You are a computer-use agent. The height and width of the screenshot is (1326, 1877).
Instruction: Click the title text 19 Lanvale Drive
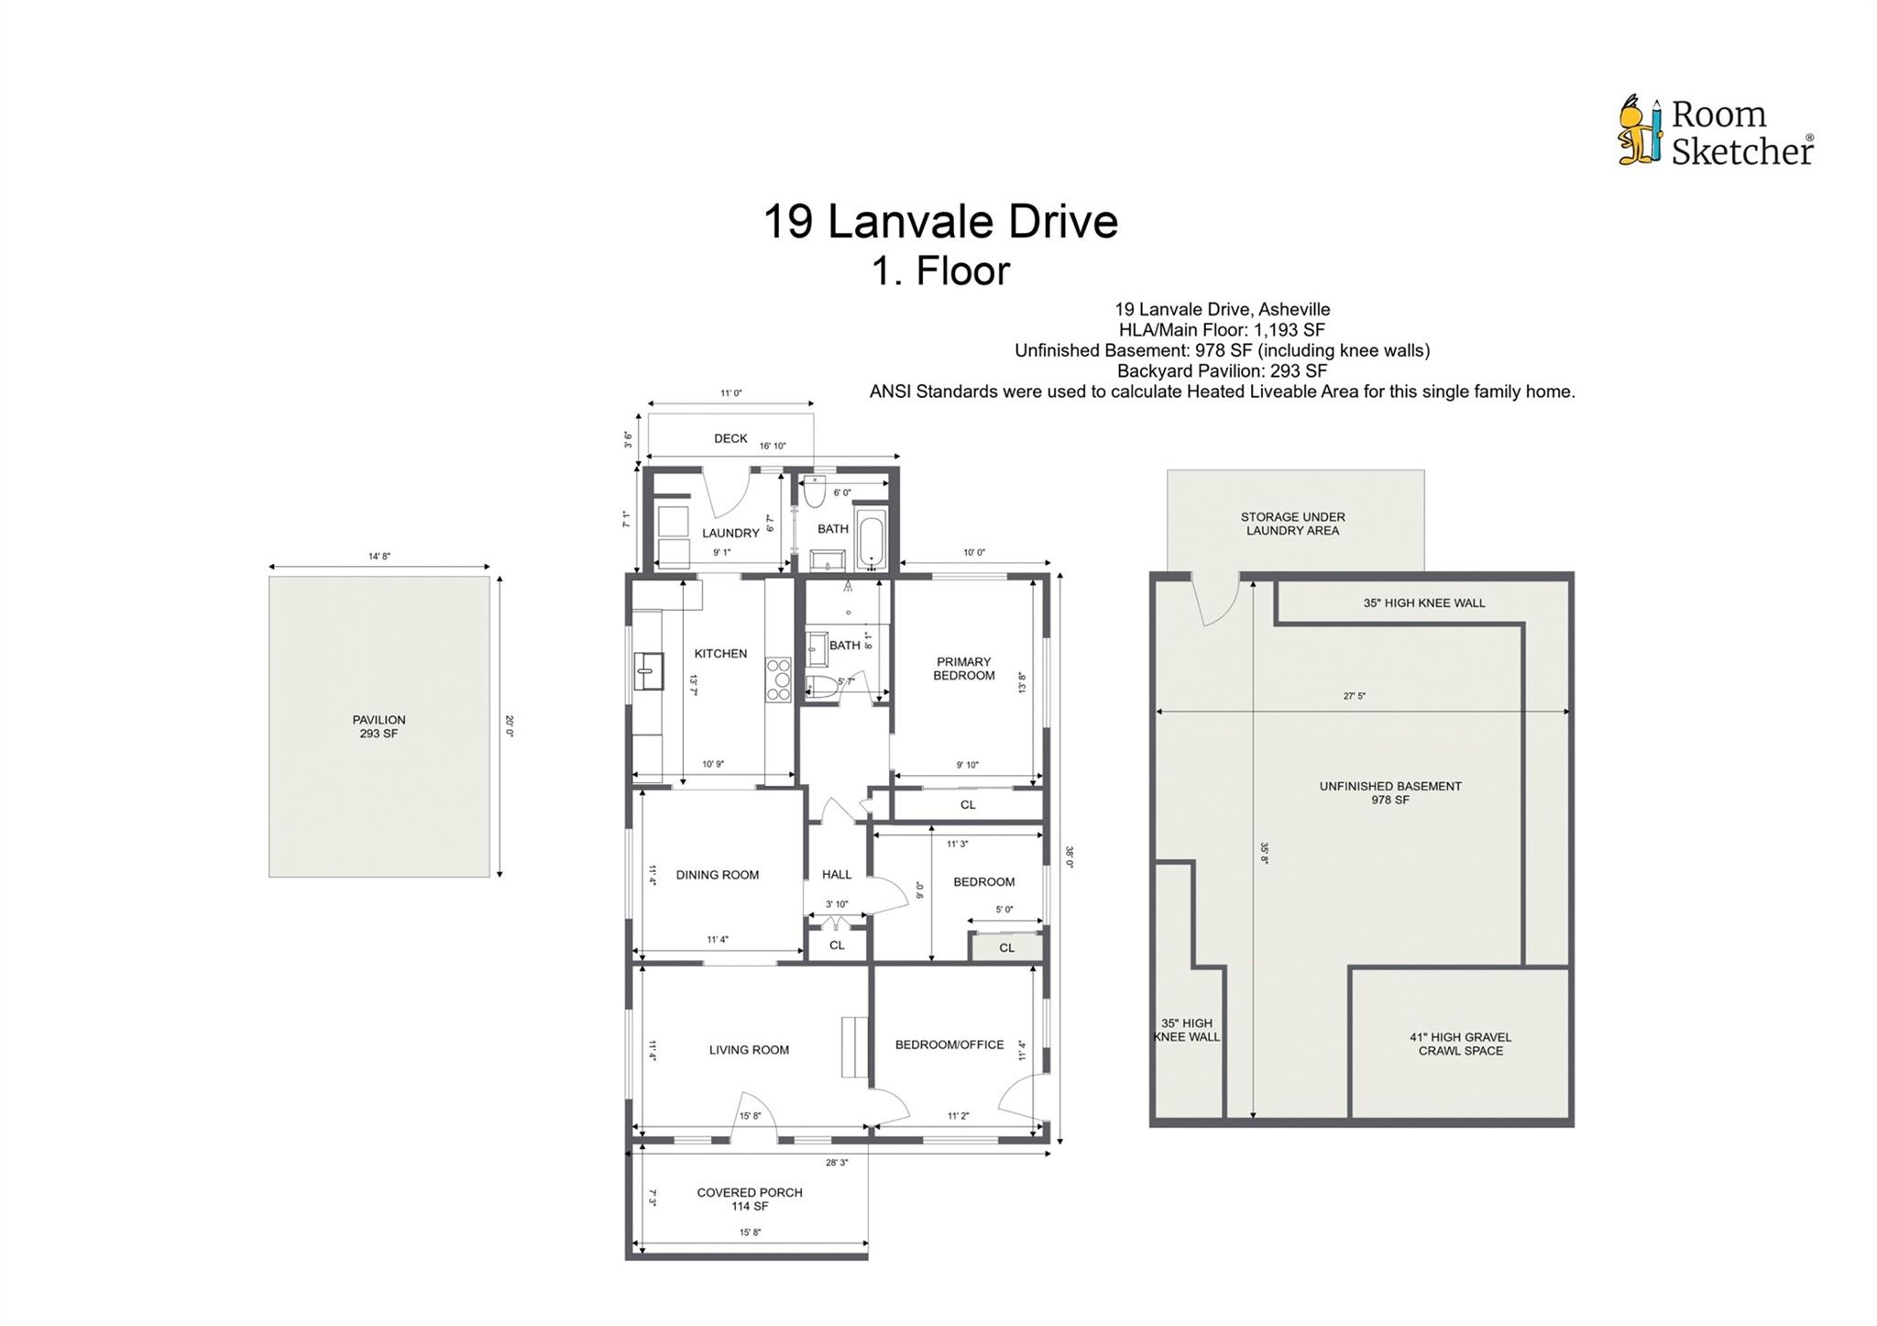pos(940,222)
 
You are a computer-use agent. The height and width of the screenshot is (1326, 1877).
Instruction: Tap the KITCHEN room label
pos(720,654)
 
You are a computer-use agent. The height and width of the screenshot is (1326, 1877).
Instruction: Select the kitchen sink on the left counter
pos(649,670)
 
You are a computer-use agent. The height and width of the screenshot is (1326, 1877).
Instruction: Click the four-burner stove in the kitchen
pos(779,680)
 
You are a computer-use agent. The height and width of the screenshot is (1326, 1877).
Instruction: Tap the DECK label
pos(730,438)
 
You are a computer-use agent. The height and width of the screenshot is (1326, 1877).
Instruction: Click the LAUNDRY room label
pos(730,533)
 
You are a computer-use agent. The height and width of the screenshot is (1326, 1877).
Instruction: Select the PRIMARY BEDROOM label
pos(963,669)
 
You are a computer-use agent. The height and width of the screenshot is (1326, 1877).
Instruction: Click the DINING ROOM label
pos(718,875)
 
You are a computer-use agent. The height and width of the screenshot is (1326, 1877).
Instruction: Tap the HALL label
pos(837,875)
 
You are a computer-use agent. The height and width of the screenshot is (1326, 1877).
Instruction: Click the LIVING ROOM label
pos(749,1050)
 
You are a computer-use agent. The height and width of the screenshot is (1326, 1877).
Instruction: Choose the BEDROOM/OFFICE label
pos(949,1044)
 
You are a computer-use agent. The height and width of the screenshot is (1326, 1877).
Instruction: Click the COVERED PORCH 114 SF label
pos(750,1199)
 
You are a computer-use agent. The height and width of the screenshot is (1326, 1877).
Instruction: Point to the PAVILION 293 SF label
pos(379,727)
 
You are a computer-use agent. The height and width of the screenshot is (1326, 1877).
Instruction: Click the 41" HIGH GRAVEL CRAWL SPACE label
pos(1461,1044)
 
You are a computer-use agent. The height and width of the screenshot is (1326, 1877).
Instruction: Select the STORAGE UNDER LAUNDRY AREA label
pos(1292,524)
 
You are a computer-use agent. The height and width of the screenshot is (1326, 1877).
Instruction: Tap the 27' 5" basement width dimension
pos(1355,696)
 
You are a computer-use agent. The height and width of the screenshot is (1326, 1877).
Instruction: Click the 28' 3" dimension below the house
pos(837,1163)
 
